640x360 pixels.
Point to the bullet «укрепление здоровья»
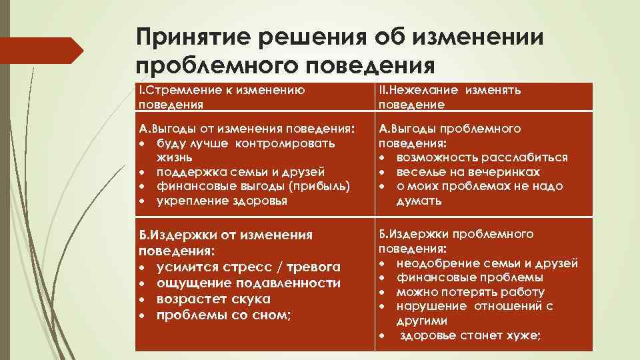(222, 201)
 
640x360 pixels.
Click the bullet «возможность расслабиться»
(482, 157)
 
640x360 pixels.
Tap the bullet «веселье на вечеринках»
(468, 172)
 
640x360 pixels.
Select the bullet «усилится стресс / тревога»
(248, 267)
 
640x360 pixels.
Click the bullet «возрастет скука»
(213, 299)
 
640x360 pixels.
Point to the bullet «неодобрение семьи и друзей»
(487, 263)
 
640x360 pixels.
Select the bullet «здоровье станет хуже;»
(470, 336)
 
